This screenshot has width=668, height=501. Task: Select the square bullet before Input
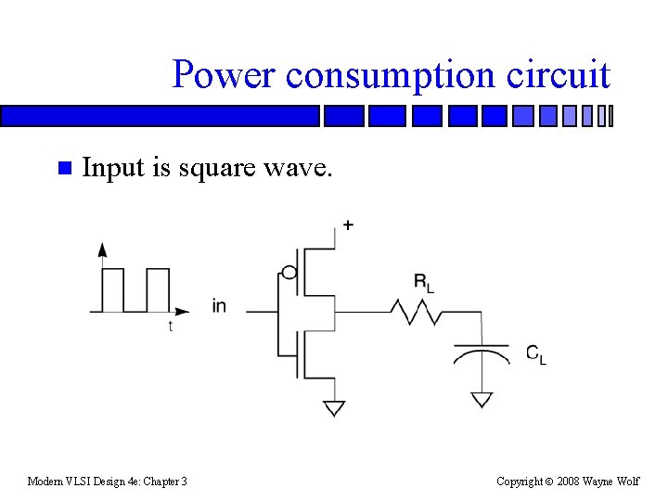point(63,169)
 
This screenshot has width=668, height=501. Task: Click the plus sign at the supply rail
point(348,225)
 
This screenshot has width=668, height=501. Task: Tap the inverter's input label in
point(219,305)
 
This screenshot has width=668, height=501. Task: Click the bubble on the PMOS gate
point(289,273)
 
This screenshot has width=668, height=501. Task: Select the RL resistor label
point(423,283)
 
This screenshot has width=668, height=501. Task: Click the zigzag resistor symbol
point(416,313)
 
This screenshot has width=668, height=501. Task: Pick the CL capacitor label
point(536,353)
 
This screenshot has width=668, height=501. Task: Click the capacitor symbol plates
point(481,352)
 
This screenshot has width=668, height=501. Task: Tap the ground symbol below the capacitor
point(481,399)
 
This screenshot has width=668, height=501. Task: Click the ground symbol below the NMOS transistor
point(334,408)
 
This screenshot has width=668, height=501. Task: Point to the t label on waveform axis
point(170,327)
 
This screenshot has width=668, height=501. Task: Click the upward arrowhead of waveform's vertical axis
point(101,249)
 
